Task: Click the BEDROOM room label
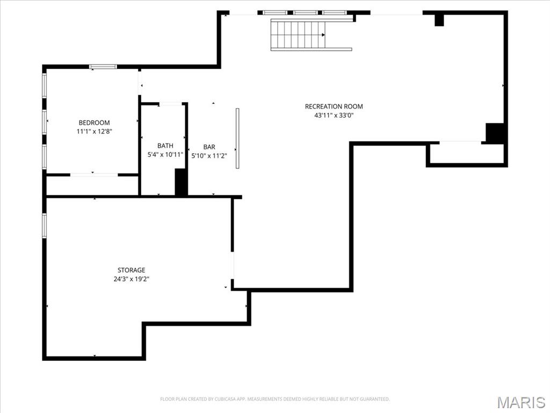94,123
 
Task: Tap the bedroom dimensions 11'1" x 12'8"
94,131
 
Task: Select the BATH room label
165,146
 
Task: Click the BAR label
209,147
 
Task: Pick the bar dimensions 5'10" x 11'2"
209,155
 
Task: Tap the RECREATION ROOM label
334,106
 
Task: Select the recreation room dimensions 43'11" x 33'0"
334,115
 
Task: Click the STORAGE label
132,270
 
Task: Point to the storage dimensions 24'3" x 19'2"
132,279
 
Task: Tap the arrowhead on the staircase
323,35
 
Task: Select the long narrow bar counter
237,138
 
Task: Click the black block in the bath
181,182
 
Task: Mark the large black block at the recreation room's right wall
495,133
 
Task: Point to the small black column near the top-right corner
439,19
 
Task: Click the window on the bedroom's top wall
103,67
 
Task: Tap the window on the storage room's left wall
45,225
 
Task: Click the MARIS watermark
522,402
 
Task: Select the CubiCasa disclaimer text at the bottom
275,399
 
